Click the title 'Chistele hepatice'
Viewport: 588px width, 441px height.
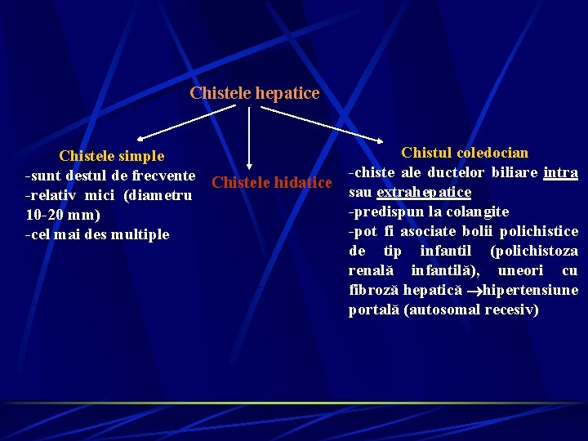254,93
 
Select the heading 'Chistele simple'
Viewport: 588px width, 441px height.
111,156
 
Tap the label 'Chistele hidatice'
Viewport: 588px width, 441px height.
271,182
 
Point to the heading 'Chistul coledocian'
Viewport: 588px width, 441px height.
465,153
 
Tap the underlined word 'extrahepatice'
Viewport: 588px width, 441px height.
424,192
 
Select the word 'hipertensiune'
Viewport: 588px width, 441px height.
531,290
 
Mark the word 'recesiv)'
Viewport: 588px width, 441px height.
511,310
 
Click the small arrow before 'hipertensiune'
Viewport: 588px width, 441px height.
472,291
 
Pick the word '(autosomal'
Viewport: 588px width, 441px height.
441,310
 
